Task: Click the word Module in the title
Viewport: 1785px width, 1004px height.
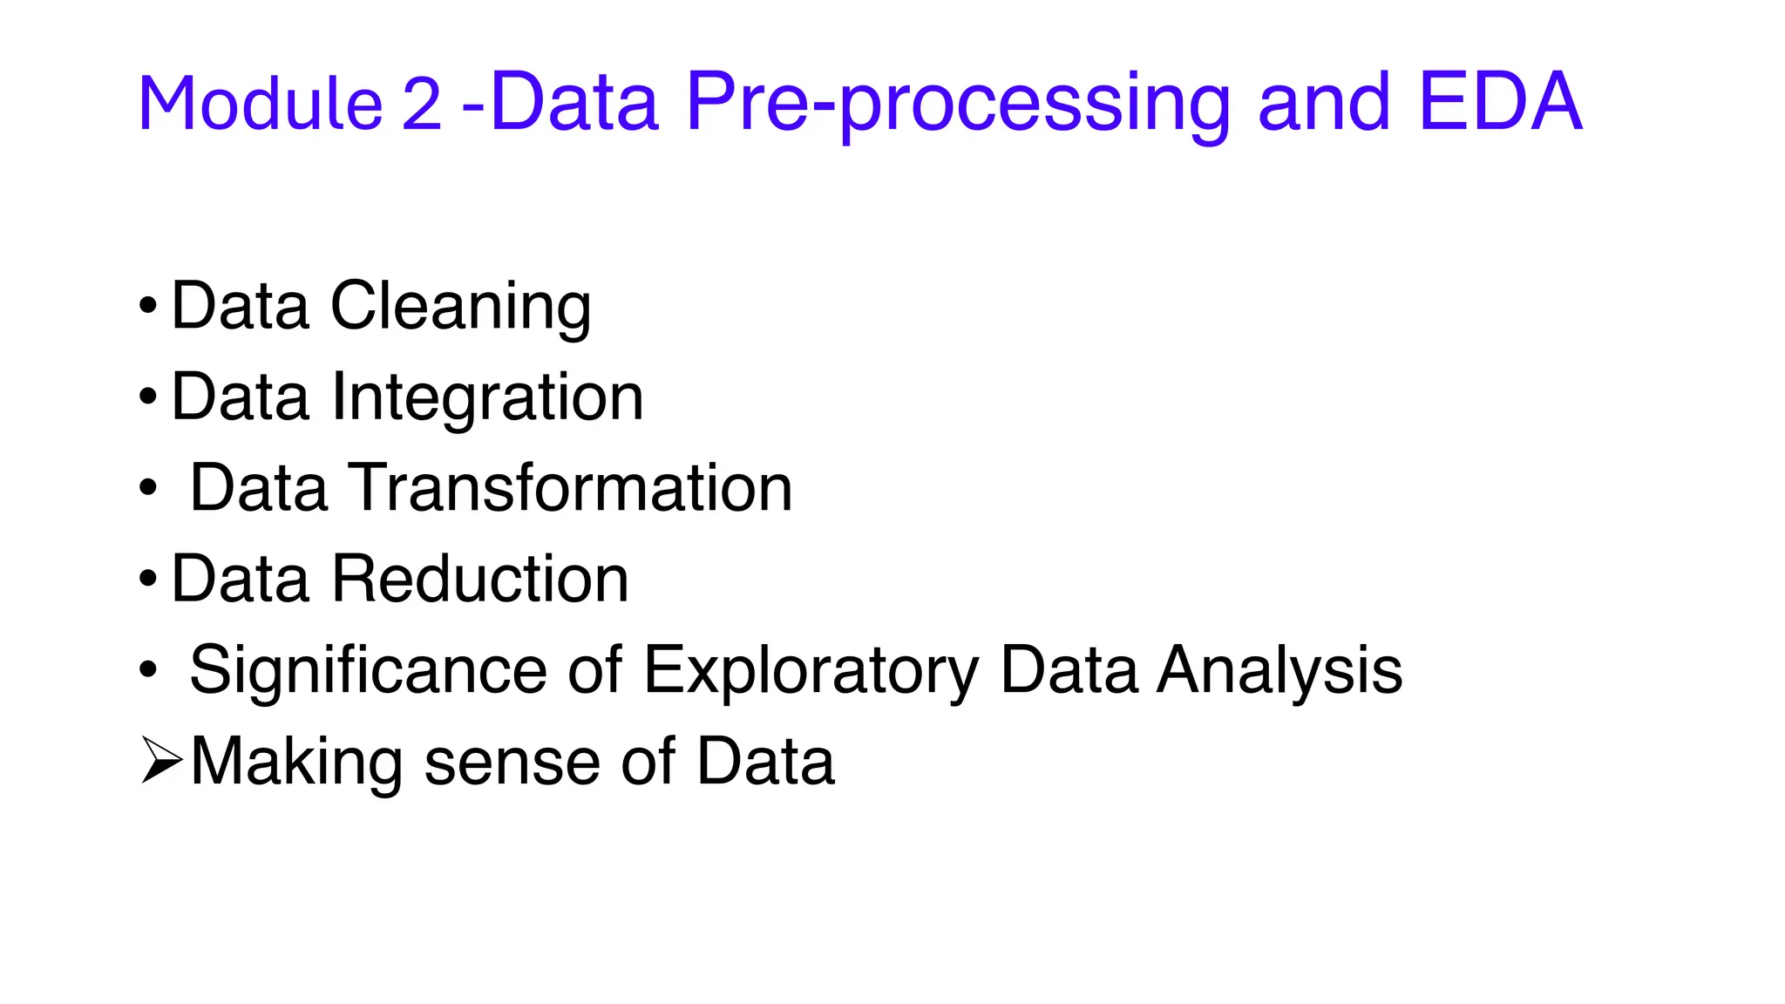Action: [260, 104]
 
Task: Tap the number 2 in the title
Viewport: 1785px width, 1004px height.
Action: [422, 104]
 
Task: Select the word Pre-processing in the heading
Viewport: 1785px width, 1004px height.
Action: [958, 104]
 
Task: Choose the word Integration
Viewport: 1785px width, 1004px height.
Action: [487, 397]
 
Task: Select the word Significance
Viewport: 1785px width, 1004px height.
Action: [369, 670]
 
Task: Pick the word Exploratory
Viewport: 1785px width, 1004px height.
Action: [811, 672]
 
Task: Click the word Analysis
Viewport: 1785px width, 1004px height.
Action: [1279, 670]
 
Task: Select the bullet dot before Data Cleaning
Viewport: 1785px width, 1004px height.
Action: [148, 307]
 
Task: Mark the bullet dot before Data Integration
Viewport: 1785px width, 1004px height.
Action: [148, 397]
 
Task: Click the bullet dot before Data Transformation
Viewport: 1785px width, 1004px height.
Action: [148, 488]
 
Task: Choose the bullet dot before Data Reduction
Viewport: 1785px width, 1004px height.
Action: [148, 579]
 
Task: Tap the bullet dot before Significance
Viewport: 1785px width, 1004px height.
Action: [148, 670]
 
